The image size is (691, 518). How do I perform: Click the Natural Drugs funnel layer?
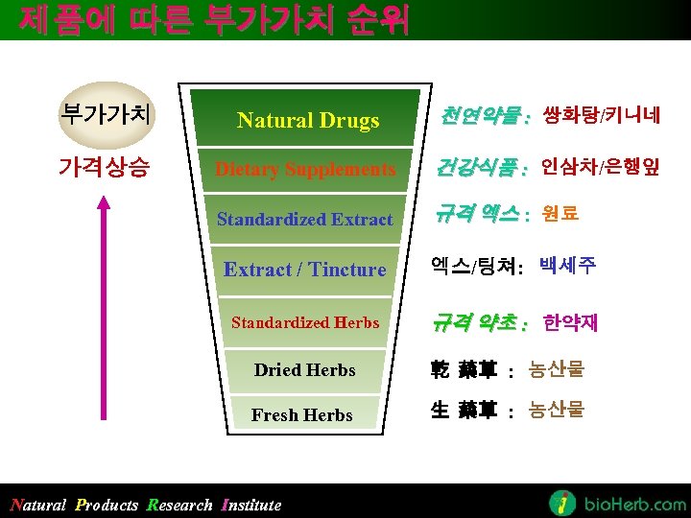[x=307, y=120]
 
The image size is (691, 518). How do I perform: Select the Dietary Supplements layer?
[x=305, y=170]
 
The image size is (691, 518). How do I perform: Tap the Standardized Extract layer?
[x=305, y=220]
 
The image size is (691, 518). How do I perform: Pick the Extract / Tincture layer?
[x=305, y=270]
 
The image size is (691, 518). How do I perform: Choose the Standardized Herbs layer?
[x=305, y=323]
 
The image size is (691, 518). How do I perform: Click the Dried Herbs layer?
[x=305, y=370]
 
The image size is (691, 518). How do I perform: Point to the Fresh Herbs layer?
[x=302, y=415]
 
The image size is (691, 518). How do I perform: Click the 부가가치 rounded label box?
[x=105, y=115]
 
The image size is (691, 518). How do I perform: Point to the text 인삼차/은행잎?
[x=600, y=167]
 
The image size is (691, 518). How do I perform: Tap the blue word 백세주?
[x=567, y=265]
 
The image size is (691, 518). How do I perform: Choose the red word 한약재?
[x=570, y=321]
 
